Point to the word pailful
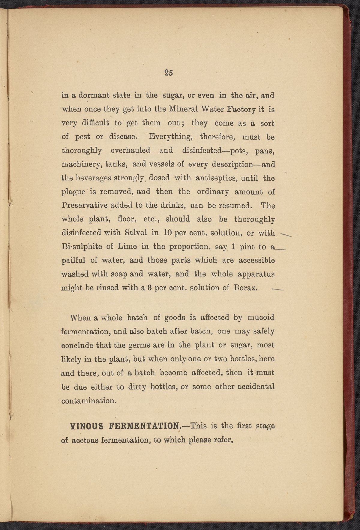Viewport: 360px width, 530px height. click(x=73, y=260)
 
